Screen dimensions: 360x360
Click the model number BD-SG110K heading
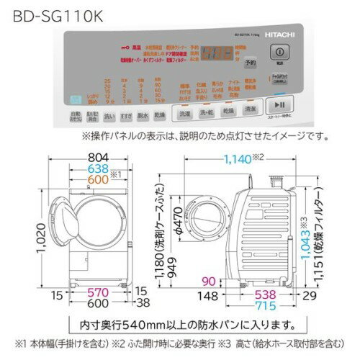coord(45,12)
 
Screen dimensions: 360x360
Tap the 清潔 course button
coord(249,114)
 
